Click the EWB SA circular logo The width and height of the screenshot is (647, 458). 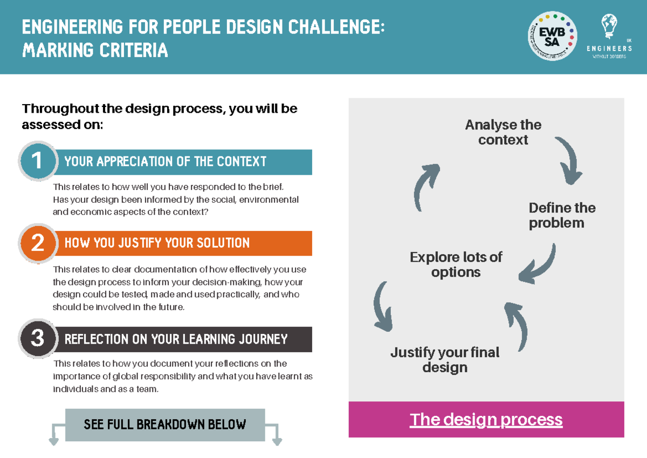click(552, 36)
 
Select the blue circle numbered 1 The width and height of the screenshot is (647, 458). click(38, 161)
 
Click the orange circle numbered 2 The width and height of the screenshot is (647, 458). click(38, 243)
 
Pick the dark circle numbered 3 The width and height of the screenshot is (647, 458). click(38, 338)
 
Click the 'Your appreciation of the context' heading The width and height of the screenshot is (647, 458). click(165, 161)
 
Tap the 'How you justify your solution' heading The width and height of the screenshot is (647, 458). click(157, 243)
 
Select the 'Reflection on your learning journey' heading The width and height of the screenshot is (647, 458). click(176, 339)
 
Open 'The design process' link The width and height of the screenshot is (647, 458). click(486, 420)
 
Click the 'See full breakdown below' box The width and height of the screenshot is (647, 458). click(165, 425)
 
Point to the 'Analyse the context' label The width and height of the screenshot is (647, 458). click(503, 132)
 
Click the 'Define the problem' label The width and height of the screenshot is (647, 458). click(562, 215)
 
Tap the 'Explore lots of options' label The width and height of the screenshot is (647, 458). click(456, 265)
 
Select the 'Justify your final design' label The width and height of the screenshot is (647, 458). click(445, 360)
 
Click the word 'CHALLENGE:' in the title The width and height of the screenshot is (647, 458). click(336, 27)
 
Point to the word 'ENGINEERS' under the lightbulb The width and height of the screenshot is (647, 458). click(609, 49)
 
